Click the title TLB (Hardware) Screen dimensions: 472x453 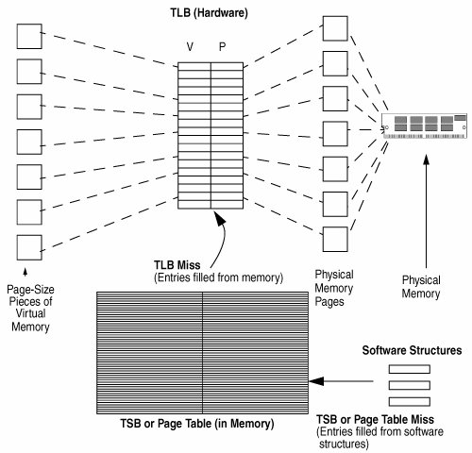(209, 13)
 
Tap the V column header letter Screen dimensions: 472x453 (190, 47)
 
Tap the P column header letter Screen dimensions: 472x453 (222, 47)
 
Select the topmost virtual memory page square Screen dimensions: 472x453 (29, 37)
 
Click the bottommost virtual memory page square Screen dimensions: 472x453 (29, 247)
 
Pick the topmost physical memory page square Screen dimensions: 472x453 (335, 28)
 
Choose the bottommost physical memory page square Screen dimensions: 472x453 (335, 239)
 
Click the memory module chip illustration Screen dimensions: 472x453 (425, 126)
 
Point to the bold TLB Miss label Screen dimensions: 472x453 (177, 265)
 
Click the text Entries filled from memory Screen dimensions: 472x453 (219, 277)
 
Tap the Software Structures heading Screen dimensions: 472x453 (412, 350)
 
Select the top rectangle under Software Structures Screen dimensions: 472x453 (410, 369)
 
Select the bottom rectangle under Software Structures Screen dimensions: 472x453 (410, 402)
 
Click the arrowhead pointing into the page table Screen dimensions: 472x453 (316, 381)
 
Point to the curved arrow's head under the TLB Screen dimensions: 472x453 (219, 218)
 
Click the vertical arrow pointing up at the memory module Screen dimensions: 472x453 (427, 211)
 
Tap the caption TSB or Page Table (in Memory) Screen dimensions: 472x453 (197, 424)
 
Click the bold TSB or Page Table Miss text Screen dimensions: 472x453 (375, 419)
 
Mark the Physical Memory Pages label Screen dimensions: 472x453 (334, 288)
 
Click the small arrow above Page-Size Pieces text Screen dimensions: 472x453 (25, 273)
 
